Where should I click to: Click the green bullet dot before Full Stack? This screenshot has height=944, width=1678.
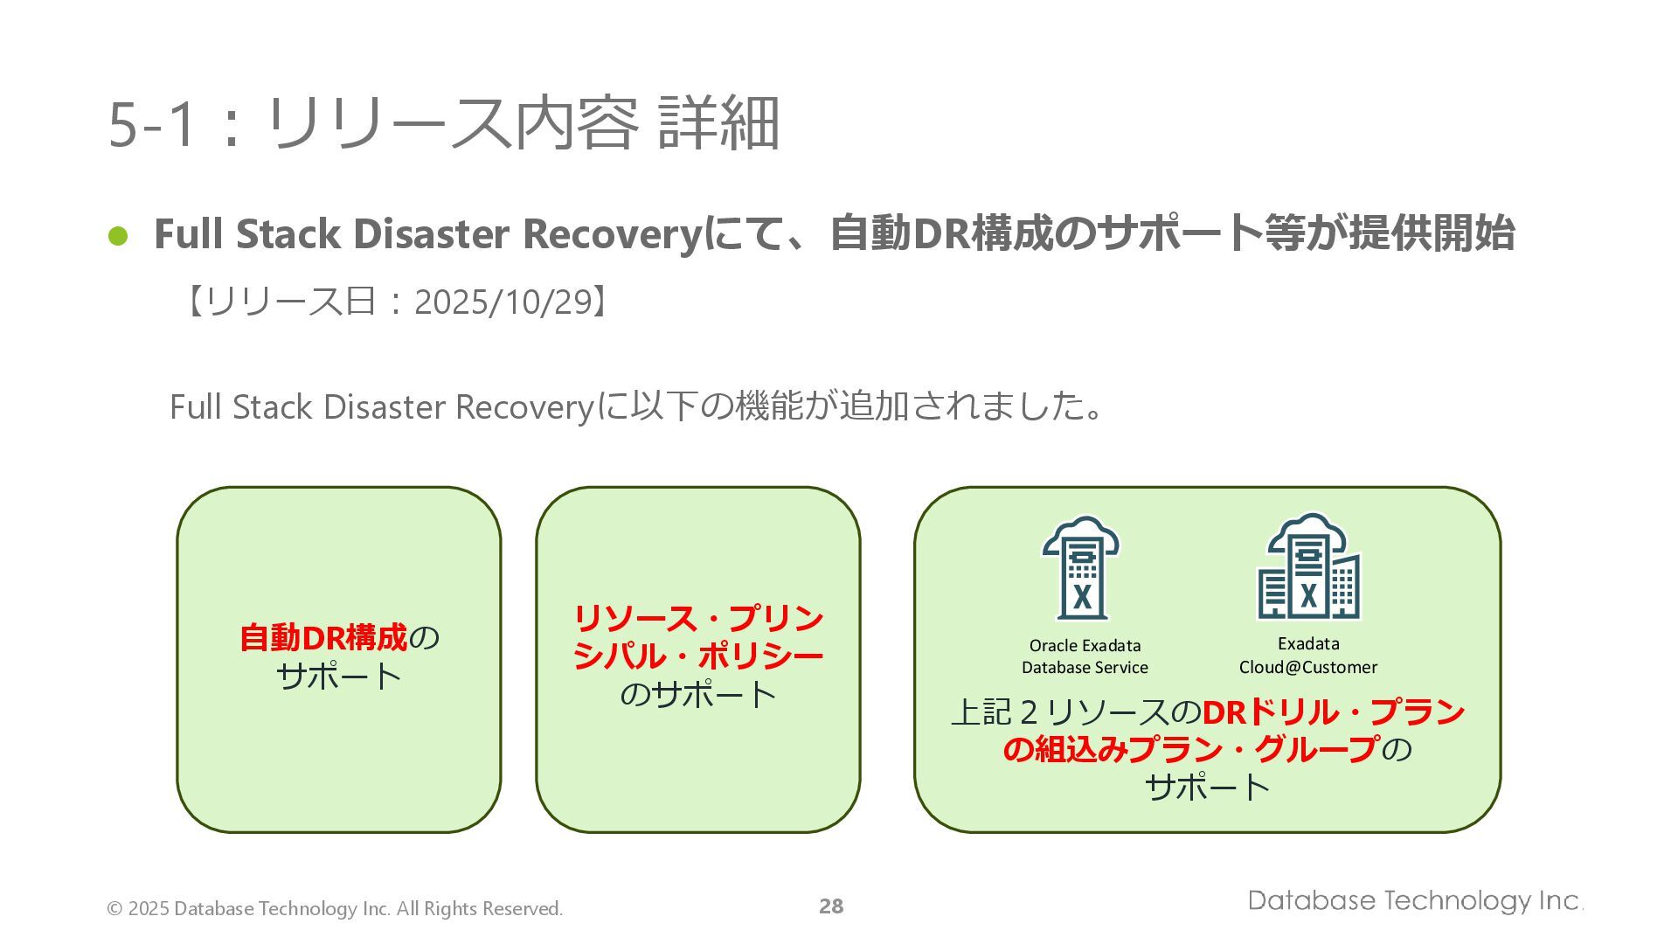pos(118,236)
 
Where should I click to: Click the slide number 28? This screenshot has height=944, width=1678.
pos(831,906)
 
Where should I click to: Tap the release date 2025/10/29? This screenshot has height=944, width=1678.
pos(503,302)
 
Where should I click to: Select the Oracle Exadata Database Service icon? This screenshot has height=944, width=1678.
pos(1081,568)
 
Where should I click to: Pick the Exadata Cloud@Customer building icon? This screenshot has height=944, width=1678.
pos(1308,568)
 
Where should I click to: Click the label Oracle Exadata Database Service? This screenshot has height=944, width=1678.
pos(1085,656)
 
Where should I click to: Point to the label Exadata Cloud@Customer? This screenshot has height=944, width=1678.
pos(1308,656)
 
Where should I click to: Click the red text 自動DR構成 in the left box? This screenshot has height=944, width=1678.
pos(323,638)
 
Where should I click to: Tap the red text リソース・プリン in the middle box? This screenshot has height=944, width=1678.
pos(697,619)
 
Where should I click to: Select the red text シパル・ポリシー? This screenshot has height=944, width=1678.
pos(697,656)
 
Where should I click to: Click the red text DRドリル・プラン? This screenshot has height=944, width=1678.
pos(1333,712)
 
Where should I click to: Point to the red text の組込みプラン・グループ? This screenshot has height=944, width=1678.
pos(1190,750)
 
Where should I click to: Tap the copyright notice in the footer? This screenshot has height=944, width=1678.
pos(335,909)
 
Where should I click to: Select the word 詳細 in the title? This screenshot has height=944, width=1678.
pos(718,124)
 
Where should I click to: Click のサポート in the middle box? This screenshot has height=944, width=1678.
pos(697,695)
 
